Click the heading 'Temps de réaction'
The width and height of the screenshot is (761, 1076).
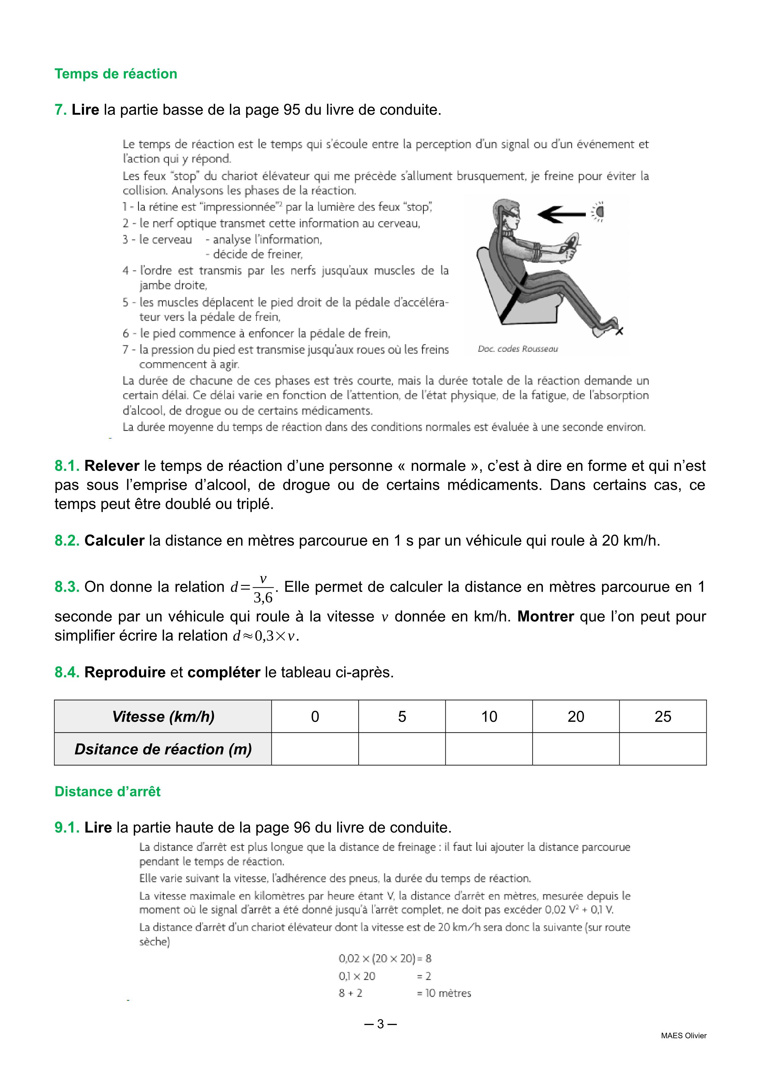(116, 74)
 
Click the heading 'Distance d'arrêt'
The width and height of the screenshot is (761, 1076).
(107, 792)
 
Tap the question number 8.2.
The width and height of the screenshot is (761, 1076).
(67, 540)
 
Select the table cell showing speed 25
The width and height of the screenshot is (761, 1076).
(663, 717)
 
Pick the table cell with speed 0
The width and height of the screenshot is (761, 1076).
(315, 717)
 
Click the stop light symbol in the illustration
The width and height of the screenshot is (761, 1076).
(598, 212)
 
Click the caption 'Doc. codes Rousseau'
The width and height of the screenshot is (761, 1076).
(518, 349)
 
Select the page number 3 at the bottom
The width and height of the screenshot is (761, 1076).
(380, 1024)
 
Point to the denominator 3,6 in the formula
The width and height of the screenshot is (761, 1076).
(263, 598)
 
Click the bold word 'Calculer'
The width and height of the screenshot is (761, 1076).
(114, 540)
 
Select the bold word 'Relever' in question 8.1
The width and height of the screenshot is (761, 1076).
(112, 466)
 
